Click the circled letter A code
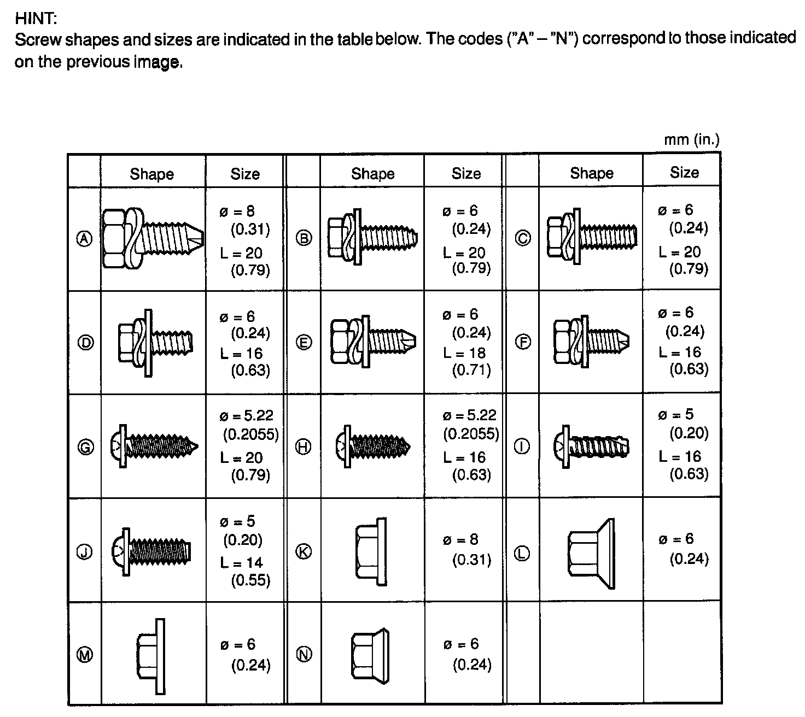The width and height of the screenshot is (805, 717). (84, 239)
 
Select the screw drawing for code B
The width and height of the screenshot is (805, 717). (372, 237)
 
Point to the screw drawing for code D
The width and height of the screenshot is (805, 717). (155, 343)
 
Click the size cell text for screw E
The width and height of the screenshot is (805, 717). (466, 342)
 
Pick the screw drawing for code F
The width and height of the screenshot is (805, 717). (591, 342)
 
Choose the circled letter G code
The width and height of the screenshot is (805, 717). (85, 447)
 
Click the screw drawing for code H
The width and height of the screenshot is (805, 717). (372, 446)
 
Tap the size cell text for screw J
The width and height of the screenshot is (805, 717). (245, 551)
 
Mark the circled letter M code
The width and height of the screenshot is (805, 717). (84, 655)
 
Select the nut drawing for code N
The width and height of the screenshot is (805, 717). (370, 655)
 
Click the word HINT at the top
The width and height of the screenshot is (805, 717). (36, 18)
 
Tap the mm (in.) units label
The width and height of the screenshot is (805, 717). (692, 140)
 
